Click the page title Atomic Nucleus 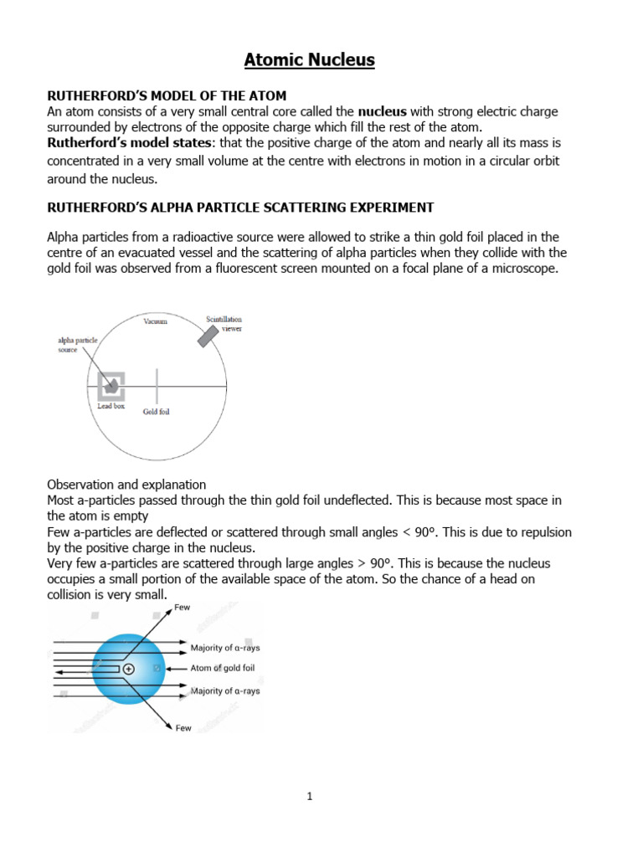point(310,59)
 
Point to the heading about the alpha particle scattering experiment point(240,207)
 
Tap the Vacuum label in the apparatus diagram point(155,321)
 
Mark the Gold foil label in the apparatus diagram point(157,412)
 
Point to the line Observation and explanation point(126,485)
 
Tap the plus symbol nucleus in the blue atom point(128,669)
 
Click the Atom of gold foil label point(222,668)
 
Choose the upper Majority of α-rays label point(225,648)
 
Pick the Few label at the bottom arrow point(183,728)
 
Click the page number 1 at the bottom point(309,797)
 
